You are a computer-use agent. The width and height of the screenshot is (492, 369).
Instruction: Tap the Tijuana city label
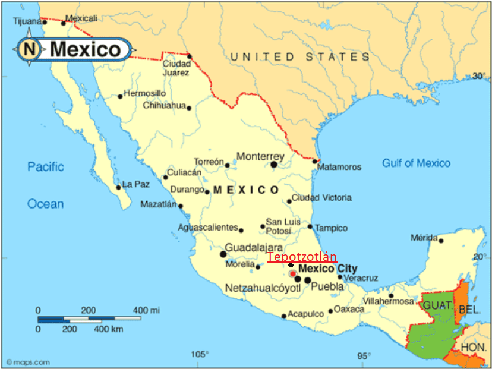pyautogui.click(x=26, y=22)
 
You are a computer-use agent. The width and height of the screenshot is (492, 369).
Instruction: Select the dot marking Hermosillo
pyautogui.click(x=119, y=96)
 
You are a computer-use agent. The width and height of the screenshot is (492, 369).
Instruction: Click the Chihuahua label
pyautogui.click(x=164, y=106)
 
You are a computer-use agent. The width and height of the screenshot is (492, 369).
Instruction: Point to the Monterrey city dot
pyautogui.click(x=273, y=165)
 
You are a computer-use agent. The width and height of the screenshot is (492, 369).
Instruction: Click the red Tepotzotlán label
pyautogui.click(x=302, y=257)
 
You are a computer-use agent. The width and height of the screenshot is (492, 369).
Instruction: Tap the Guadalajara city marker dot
pyautogui.click(x=223, y=254)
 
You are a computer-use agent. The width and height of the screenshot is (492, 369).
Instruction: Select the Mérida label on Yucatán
pyautogui.click(x=424, y=238)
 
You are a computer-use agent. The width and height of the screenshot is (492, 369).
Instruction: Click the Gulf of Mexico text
pyautogui.click(x=416, y=163)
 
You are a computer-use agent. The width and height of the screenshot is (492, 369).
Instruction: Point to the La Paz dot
pyautogui.click(x=119, y=187)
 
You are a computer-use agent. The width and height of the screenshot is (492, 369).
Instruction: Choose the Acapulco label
pyautogui.click(x=305, y=314)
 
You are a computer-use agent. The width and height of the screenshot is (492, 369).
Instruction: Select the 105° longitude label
pyautogui.click(x=200, y=355)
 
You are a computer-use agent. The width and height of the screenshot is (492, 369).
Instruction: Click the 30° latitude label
pyautogui.click(x=478, y=76)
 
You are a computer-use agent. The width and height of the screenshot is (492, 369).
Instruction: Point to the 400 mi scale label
pyautogui.click(x=147, y=310)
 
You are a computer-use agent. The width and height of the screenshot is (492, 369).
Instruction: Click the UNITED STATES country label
pyautogui.click(x=300, y=57)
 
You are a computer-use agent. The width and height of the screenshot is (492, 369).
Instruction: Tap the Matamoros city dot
pyautogui.click(x=315, y=161)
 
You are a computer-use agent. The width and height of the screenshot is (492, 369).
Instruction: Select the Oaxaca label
pyautogui.click(x=349, y=309)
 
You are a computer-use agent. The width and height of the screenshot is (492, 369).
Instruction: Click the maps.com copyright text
pyautogui.click(x=29, y=362)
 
